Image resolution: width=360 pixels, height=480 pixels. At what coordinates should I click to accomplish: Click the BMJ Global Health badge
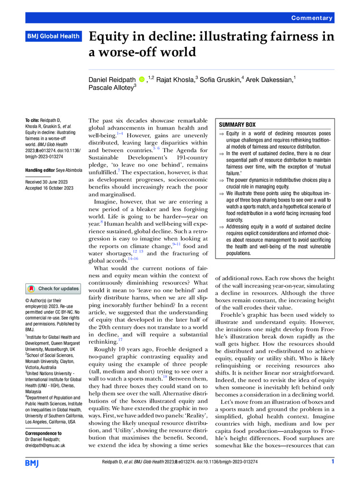pos(52,36)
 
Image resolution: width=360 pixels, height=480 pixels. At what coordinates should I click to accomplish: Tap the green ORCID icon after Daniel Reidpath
pos(142,78)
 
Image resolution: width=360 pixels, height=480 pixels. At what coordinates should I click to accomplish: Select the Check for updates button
pos(53,288)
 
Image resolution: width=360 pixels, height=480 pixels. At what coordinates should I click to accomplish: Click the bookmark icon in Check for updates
pos(32,288)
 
